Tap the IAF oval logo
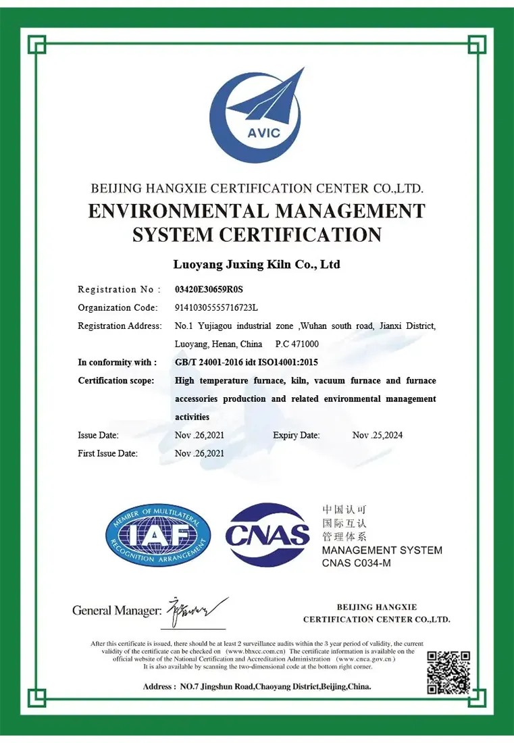[157, 535]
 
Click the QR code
[448, 672]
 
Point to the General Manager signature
[197, 611]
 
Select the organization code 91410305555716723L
[216, 308]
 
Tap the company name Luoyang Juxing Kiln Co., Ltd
[257, 264]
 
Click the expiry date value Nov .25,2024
[378, 435]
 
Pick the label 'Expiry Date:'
[297, 435]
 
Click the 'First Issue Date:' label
[108, 453]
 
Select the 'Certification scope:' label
[116, 381]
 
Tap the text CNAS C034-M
[356, 563]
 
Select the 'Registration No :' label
[120, 290]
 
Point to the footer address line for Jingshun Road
[257, 687]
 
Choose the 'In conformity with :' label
[118, 363]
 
